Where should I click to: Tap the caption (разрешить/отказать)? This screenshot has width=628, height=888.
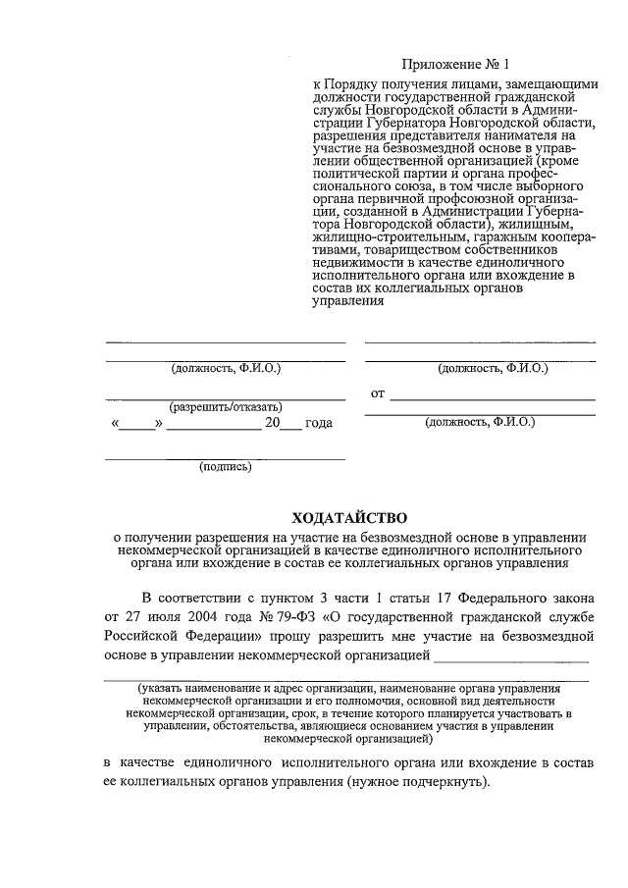click(x=226, y=406)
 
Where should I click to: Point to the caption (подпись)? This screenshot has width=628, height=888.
click(x=226, y=466)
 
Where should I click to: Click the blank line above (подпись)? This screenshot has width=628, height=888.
click(x=226, y=458)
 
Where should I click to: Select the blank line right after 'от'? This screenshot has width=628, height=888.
click(x=492, y=398)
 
